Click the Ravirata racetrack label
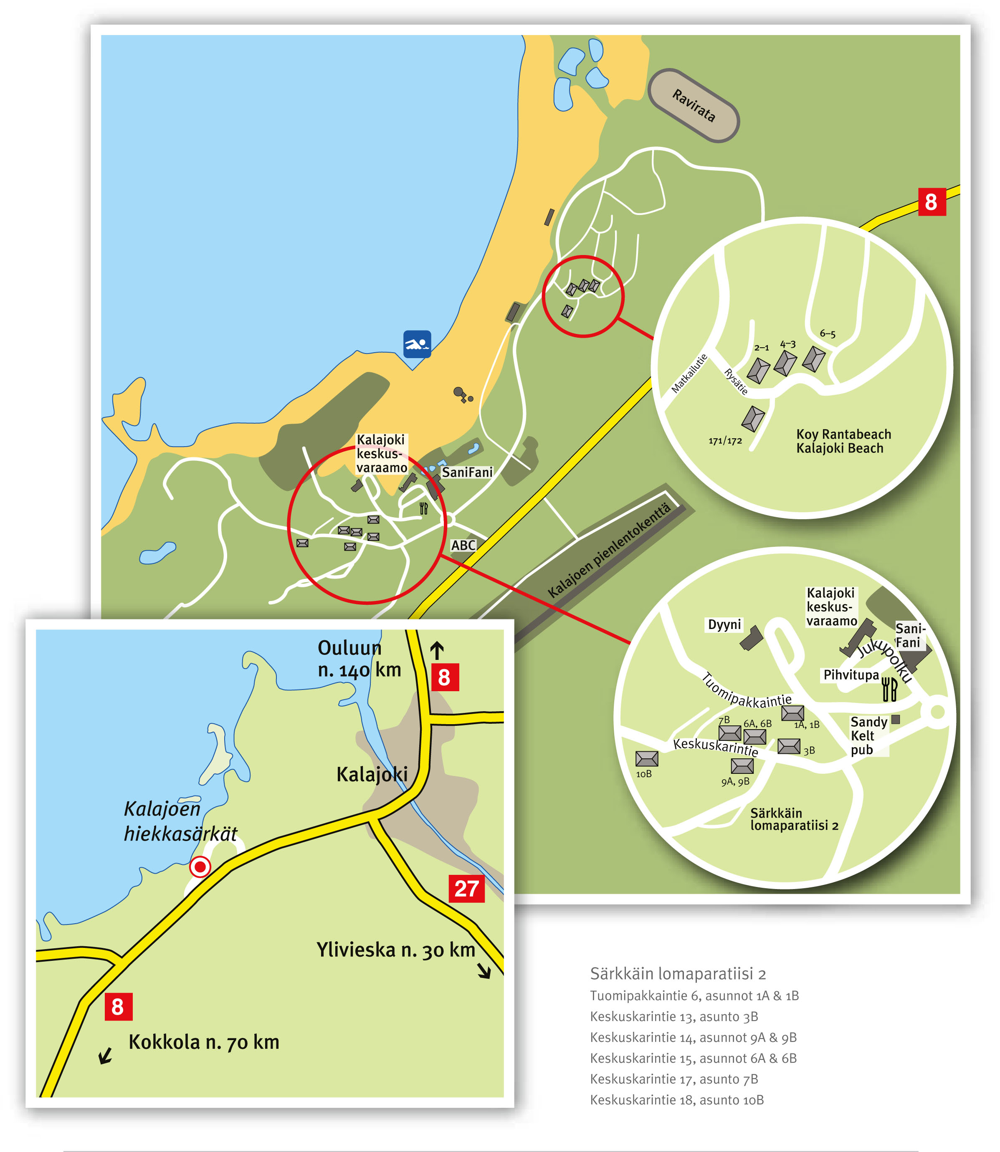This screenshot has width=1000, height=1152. (x=693, y=106)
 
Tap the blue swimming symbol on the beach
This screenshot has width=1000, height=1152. (x=417, y=344)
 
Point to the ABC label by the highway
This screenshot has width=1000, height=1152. (x=463, y=545)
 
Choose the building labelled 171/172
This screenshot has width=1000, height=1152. (x=753, y=418)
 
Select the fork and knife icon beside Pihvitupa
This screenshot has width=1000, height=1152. (x=889, y=690)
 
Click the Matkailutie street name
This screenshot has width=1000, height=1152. (x=689, y=373)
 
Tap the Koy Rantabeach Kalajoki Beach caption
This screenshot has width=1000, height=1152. (x=843, y=441)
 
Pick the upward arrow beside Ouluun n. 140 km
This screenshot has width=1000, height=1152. (x=436, y=650)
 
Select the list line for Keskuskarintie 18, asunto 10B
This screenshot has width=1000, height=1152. (x=676, y=1099)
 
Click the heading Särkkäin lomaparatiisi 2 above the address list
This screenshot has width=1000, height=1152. (x=678, y=973)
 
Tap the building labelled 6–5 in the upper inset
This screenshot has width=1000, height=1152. (x=813, y=359)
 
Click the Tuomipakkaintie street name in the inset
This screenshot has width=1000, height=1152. (x=746, y=692)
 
